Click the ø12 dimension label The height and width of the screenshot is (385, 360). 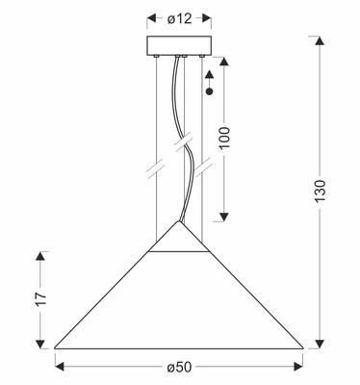tap(181, 17)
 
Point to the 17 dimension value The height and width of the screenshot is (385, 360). tap(28, 299)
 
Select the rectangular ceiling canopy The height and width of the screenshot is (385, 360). tap(180, 47)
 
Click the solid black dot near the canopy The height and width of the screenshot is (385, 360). tap(210, 91)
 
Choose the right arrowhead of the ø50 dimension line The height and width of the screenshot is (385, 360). tap(298, 365)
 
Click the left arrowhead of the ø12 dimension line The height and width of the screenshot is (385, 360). tap(153, 17)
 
